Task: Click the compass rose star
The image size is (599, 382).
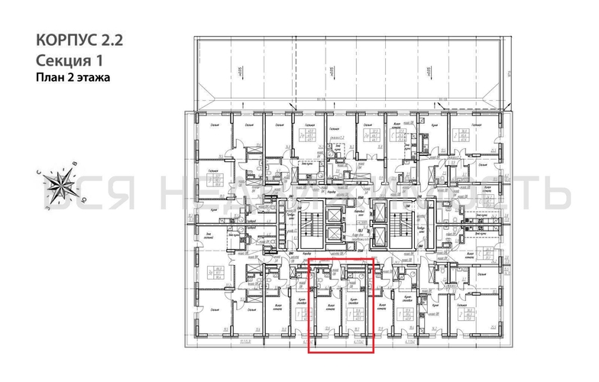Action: tap(59, 183)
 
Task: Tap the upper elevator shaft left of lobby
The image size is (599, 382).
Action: tap(335, 212)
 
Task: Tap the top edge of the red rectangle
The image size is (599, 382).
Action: tap(341, 259)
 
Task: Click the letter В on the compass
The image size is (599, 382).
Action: tap(74, 163)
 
